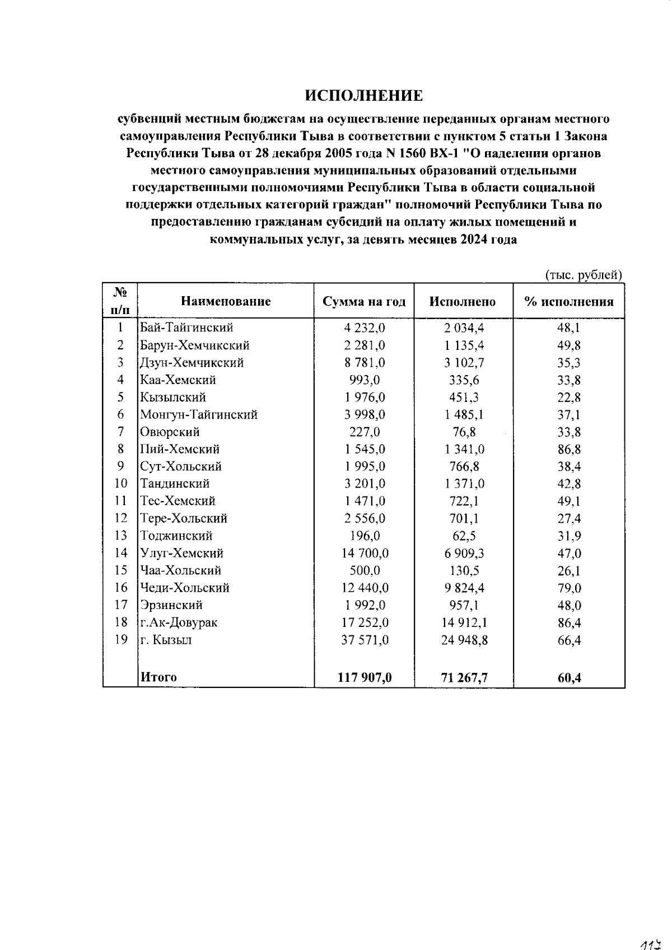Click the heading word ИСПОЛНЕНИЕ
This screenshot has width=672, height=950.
point(364,96)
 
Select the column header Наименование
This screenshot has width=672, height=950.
point(226,302)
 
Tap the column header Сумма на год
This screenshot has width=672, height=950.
point(364,302)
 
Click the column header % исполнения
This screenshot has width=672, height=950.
point(568,302)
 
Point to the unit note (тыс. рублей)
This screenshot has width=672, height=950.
point(584,275)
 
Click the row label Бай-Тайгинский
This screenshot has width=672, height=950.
point(186,327)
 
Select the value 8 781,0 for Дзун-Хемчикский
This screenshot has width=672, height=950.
point(364,362)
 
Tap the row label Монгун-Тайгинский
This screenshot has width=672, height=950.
point(199,415)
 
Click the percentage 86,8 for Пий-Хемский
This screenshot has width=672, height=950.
point(568,450)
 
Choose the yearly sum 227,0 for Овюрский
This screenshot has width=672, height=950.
point(364,432)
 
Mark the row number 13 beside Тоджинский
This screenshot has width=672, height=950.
point(121,536)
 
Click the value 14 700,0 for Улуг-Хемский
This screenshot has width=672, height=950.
point(365,554)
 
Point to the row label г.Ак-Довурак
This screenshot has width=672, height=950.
point(179,623)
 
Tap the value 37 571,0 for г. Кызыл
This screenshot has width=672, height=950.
point(365,640)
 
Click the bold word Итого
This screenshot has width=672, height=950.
point(158,677)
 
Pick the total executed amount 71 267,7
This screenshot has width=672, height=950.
point(464,678)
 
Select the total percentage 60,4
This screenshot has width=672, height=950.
point(568,678)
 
